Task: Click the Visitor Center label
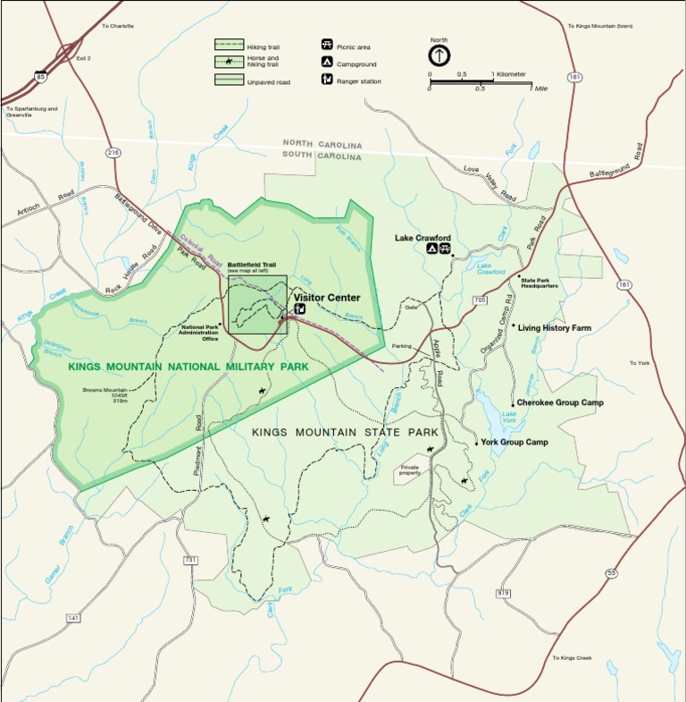click(x=327, y=298)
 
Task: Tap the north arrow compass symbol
click(x=439, y=55)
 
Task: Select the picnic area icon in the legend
click(x=327, y=45)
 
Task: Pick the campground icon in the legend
click(x=327, y=63)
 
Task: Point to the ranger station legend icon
click(x=327, y=80)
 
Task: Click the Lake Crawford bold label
click(x=422, y=238)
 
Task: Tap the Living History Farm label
click(x=555, y=328)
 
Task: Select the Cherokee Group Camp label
click(x=559, y=402)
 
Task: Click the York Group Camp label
click(x=514, y=442)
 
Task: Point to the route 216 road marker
click(x=113, y=153)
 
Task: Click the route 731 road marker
click(x=189, y=560)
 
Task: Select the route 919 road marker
click(x=503, y=593)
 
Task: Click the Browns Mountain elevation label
click(x=106, y=395)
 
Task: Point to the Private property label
click(x=410, y=469)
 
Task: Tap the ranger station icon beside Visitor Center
click(x=299, y=309)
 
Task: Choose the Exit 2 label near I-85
click(x=83, y=58)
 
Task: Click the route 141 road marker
click(x=73, y=618)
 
